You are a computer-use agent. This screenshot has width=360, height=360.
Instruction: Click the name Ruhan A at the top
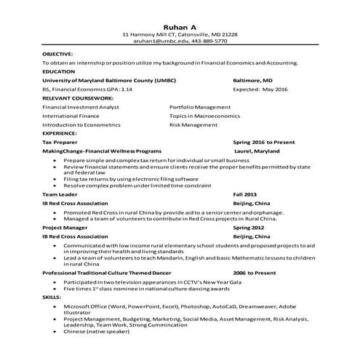180,25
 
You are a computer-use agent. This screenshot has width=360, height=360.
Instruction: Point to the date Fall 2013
244,195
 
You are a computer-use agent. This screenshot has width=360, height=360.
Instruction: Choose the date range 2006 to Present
255,272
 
